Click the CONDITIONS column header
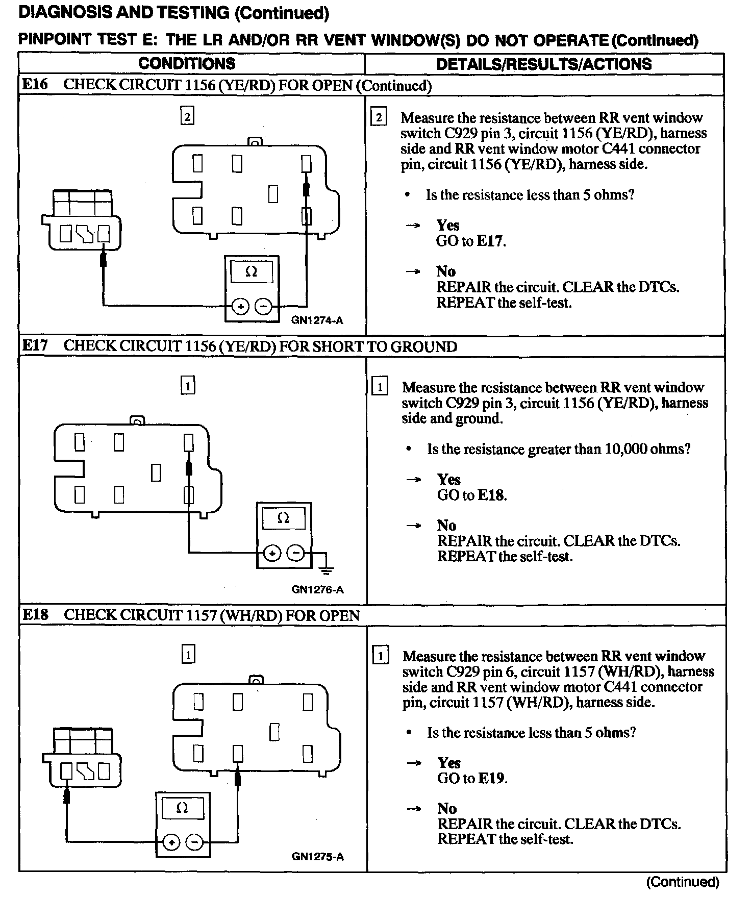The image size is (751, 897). pyautogui.click(x=187, y=64)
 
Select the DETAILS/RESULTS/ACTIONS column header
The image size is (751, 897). pyautogui.click(x=544, y=64)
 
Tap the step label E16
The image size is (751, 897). pyautogui.click(x=35, y=84)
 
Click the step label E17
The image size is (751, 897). pyautogui.click(x=35, y=346)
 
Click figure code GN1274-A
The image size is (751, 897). pyautogui.click(x=317, y=320)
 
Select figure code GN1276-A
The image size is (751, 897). pyautogui.click(x=317, y=590)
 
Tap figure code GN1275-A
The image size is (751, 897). pyautogui.click(x=317, y=857)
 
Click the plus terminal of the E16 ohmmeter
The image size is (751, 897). pyautogui.click(x=240, y=306)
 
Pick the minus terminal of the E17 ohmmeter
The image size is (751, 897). pyautogui.click(x=295, y=553)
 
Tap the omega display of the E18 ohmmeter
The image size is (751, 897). pyautogui.click(x=182, y=808)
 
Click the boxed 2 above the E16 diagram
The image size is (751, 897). pyautogui.click(x=187, y=117)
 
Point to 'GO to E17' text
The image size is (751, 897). pyautogui.click(x=470, y=241)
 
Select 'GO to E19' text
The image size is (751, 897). pyautogui.click(x=472, y=778)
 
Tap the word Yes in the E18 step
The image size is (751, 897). pyautogui.click(x=449, y=763)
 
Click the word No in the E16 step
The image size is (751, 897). pyautogui.click(x=446, y=271)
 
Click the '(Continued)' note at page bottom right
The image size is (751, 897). pyautogui.click(x=683, y=882)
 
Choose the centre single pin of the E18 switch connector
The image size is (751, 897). pyautogui.click(x=274, y=732)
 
